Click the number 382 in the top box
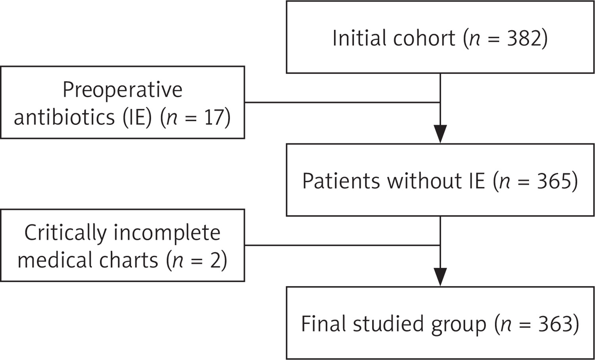pos(524,38)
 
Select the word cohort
pos(424,38)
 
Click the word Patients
pos(341,181)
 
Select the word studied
pos(388,324)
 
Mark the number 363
pos(555,324)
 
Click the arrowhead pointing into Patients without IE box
pos(440,134)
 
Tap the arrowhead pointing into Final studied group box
pos(440,277)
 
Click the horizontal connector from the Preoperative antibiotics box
pos(342,102)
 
